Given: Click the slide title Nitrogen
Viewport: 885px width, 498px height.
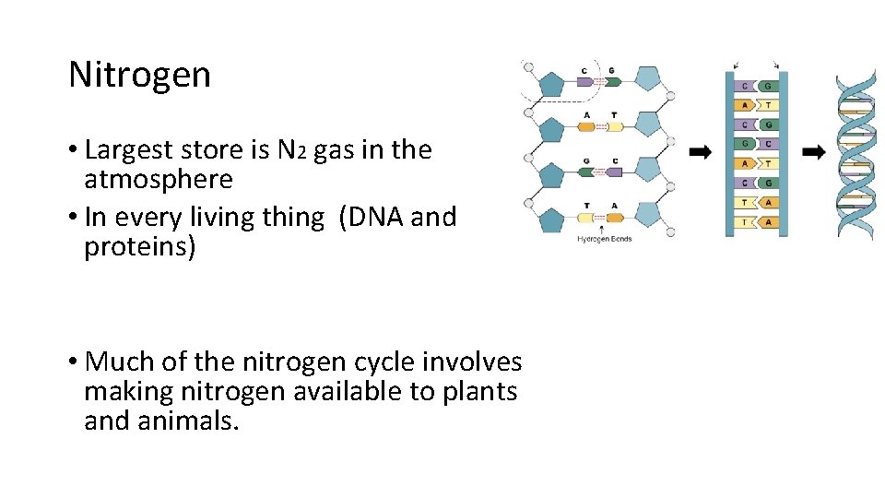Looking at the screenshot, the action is click(139, 76).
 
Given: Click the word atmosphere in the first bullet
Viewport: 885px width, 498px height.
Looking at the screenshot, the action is click(158, 178).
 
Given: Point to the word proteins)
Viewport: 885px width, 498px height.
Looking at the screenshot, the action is click(139, 247).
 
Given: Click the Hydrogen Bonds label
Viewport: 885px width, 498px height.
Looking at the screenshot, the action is click(604, 240).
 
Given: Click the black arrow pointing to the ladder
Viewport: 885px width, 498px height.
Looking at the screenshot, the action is click(700, 151).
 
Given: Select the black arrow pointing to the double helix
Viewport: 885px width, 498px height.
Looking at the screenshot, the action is click(814, 151).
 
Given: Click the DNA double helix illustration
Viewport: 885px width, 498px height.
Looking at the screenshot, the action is click(855, 153).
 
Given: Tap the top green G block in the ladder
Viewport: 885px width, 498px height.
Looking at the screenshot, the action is click(767, 86).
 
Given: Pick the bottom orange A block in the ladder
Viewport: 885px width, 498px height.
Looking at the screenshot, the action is click(767, 222).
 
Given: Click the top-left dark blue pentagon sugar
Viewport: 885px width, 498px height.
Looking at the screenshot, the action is click(551, 86).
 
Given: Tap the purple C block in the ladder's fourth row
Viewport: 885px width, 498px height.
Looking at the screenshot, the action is click(767, 144).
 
